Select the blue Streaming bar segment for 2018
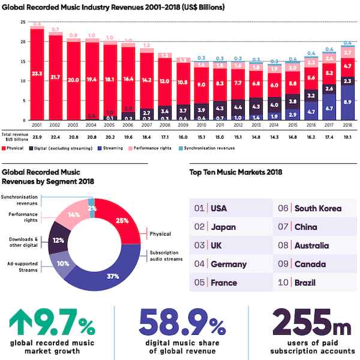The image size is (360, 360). [347, 102]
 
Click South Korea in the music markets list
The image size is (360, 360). [318, 209]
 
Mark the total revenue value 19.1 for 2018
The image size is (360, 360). [347, 137]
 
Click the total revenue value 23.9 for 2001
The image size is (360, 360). [37, 137]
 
